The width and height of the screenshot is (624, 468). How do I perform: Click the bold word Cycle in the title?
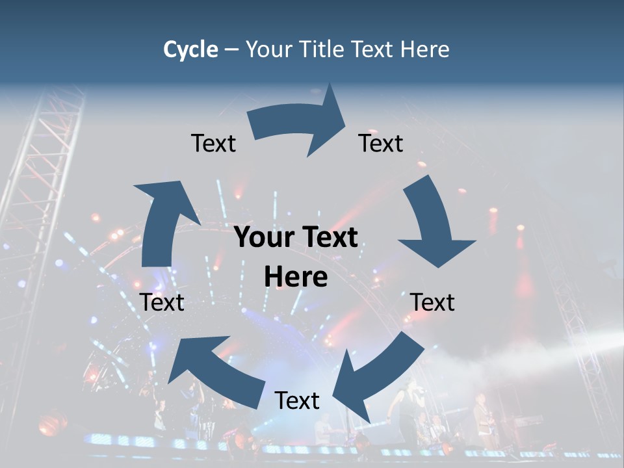pyautogui.click(x=190, y=49)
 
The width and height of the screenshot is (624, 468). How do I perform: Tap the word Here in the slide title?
pyautogui.click(x=424, y=49)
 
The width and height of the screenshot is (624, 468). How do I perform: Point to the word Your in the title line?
pyautogui.click(x=269, y=49)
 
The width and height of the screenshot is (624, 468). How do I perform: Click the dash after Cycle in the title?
pyautogui.click(x=232, y=49)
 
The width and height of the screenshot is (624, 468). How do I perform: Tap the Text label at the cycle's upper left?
pyautogui.click(x=213, y=143)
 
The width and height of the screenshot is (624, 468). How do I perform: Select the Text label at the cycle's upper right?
pyautogui.click(x=381, y=143)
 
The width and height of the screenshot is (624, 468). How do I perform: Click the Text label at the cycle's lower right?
pyautogui.click(x=432, y=302)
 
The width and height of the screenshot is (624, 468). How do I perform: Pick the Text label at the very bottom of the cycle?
pyautogui.click(x=297, y=400)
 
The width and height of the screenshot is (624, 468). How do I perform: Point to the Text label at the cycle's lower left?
pyautogui.click(x=162, y=302)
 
